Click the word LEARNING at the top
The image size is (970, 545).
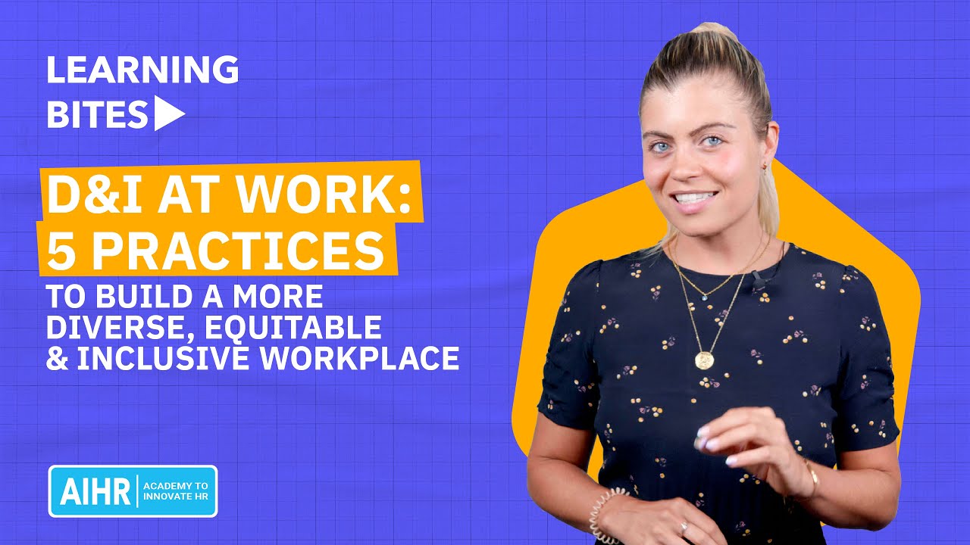[x=142, y=70]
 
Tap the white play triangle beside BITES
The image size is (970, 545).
[x=169, y=114]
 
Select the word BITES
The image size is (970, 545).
[x=97, y=114]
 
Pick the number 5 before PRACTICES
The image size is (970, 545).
[x=59, y=252]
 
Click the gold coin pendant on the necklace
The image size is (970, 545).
[x=704, y=360]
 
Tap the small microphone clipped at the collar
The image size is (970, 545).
[x=759, y=281]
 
